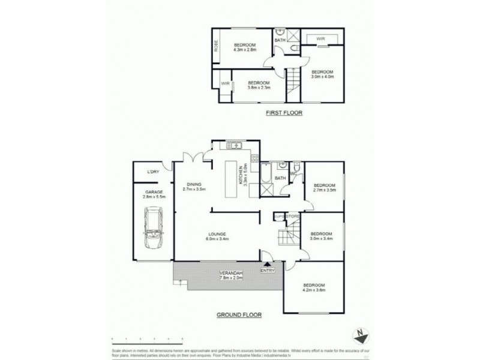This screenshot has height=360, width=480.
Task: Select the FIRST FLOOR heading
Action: point(284,113)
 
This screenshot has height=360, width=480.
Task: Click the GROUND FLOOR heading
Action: point(240,314)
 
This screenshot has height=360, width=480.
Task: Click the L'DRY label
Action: point(153,172)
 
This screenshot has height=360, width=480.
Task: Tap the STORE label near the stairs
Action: point(293,217)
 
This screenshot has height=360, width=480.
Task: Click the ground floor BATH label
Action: point(280,178)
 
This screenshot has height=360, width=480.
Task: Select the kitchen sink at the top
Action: point(234,145)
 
